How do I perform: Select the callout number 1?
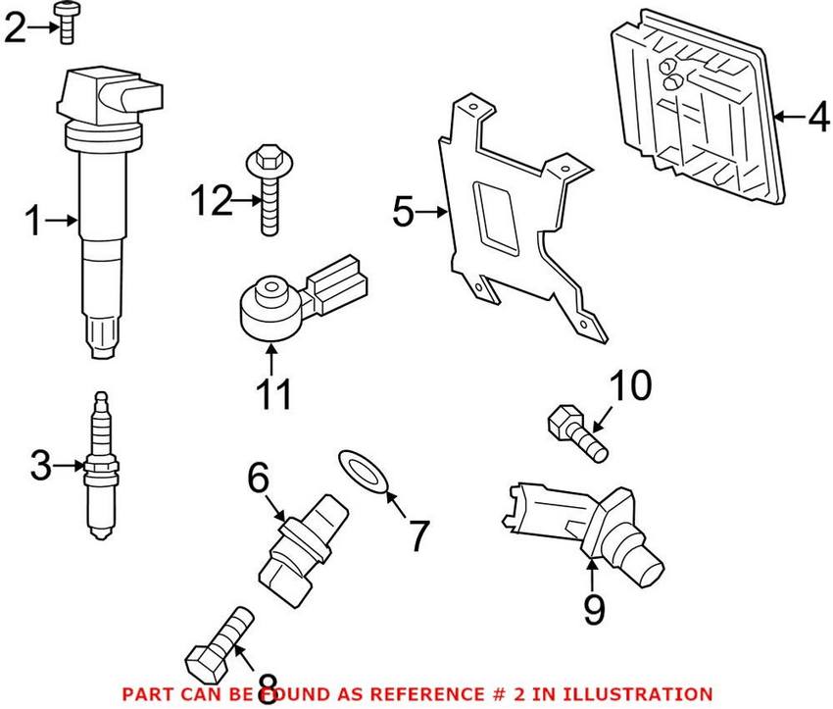coord(32,223)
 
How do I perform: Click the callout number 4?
coord(817,119)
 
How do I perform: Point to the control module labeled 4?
coord(702,114)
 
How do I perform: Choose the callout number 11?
coord(272,393)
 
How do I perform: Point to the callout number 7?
coord(417,535)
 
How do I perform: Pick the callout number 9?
coord(595,609)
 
